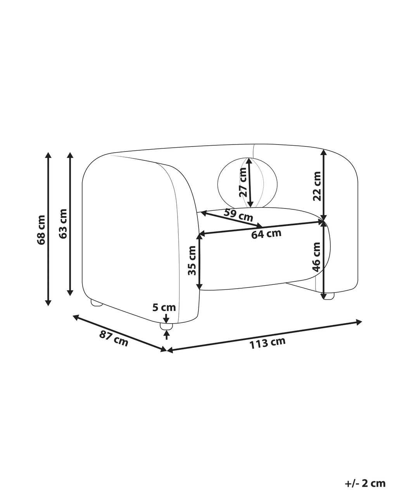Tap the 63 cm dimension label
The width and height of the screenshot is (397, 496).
pyautogui.click(x=62, y=224)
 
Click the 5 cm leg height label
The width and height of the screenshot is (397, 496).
pyautogui.click(x=164, y=307)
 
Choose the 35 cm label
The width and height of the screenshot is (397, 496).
pyautogui.click(x=192, y=261)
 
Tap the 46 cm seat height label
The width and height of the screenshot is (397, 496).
pyautogui.click(x=316, y=257)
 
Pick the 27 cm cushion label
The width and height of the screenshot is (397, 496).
pyautogui.click(x=243, y=182)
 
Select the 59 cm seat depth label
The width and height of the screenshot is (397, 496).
pyautogui.click(x=238, y=215)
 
